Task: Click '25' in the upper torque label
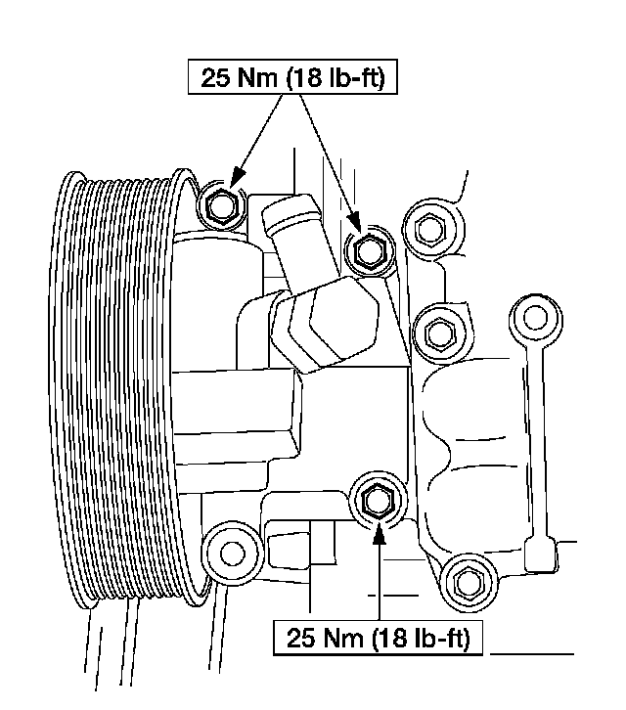pos(215,78)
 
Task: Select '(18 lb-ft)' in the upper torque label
pos(337,78)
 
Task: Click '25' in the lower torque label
pos(300,640)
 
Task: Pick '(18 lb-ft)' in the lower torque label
pos(422,640)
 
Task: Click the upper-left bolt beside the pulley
pos(219,204)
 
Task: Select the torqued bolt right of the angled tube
pos(367,251)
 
